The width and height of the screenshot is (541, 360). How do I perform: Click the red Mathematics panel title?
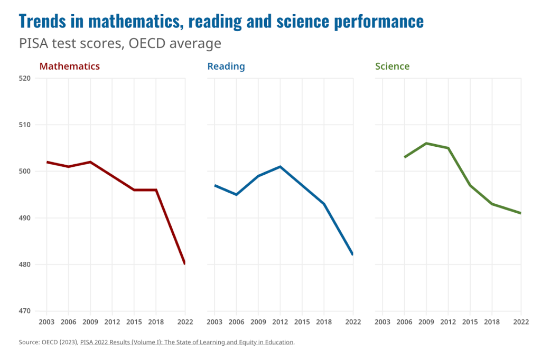(x=70, y=67)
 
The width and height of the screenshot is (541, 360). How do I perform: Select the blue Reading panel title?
(x=226, y=67)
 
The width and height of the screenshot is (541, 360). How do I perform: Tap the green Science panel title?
(x=392, y=67)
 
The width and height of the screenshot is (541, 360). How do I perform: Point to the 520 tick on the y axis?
(x=25, y=78)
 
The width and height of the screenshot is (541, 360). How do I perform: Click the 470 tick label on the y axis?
(x=25, y=311)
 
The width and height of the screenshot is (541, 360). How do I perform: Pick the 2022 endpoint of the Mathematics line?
(x=184, y=263)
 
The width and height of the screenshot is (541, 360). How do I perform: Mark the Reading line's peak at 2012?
(x=280, y=167)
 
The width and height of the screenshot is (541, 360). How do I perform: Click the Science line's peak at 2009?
(x=426, y=143)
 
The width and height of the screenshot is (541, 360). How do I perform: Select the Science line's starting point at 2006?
(x=405, y=157)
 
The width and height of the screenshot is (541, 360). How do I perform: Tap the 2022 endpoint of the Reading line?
(x=352, y=254)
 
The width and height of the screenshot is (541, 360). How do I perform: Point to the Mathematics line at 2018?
(x=156, y=190)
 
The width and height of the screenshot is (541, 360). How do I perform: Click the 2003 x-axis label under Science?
(x=383, y=322)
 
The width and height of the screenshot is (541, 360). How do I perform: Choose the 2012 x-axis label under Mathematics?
(x=113, y=322)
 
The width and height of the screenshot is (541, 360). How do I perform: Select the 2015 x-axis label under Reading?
(x=302, y=322)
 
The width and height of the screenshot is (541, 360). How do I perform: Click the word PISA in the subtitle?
(x=33, y=43)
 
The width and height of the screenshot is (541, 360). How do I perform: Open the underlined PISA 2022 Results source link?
(x=186, y=342)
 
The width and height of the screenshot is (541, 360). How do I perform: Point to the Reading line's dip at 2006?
(x=236, y=194)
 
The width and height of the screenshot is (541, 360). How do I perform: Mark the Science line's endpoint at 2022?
(x=520, y=213)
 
